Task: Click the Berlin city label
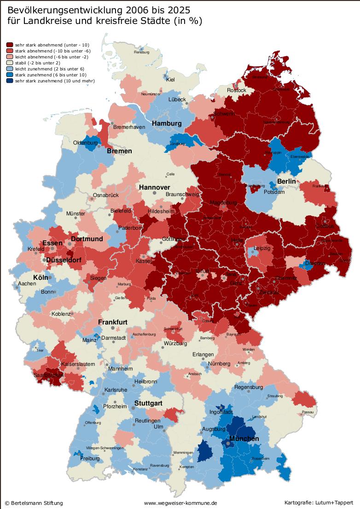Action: tap(286, 182)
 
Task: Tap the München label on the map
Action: tap(244, 439)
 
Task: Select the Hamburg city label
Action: tap(167, 124)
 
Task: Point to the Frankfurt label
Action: tap(112, 322)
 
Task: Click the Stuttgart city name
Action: tap(148, 403)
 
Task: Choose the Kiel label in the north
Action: tap(170, 80)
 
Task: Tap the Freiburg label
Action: tap(90, 458)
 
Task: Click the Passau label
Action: tap(307, 412)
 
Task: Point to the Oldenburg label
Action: tap(86, 143)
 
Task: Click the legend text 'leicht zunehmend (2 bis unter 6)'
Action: tap(49, 69)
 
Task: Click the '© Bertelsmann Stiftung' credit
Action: tap(34, 503)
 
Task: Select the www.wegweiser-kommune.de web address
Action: tap(180, 503)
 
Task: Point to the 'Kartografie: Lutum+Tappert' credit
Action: tap(319, 503)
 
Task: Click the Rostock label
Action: tap(237, 90)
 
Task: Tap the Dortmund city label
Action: tap(87, 239)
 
